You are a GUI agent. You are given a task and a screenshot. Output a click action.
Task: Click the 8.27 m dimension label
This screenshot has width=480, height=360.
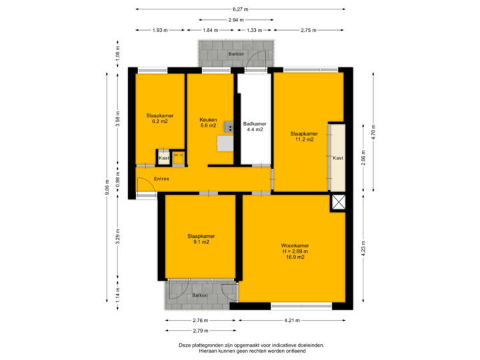(240, 9)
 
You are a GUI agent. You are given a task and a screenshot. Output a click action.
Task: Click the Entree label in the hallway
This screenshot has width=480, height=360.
(161, 179)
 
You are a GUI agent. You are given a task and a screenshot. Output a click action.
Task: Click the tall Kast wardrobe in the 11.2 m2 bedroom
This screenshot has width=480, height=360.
(337, 158)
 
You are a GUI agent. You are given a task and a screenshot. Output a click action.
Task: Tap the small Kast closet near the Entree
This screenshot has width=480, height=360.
(163, 158)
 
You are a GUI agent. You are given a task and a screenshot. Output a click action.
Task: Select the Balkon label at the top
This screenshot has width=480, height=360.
(235, 53)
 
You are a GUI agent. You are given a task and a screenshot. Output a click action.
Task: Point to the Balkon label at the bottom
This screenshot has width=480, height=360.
(200, 295)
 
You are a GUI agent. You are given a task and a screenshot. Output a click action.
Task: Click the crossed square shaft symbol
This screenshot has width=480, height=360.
(339, 203)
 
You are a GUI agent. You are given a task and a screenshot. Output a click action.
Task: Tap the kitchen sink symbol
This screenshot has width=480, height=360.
(228, 127)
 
